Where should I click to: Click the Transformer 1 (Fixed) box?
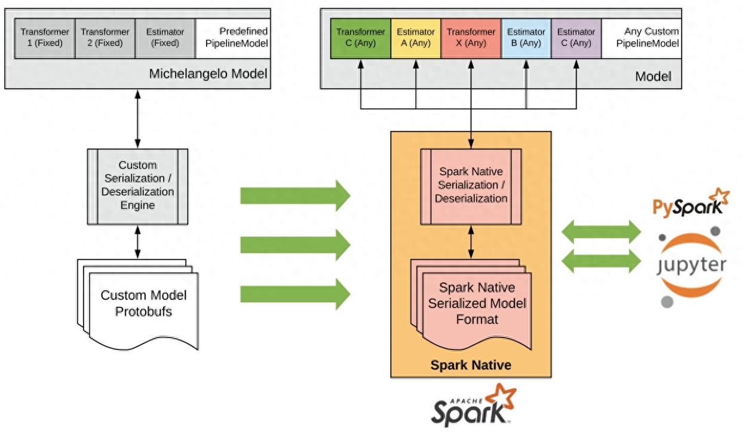[45, 38]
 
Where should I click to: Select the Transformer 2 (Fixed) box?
[105, 38]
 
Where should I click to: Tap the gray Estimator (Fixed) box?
[165, 38]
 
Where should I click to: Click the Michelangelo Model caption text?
[207, 75]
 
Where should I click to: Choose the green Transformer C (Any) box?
[360, 38]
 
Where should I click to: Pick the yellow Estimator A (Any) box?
[416, 38]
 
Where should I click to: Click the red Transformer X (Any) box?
[471, 38]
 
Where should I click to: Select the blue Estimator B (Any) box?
[526, 38]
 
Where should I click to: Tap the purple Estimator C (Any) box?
[576, 38]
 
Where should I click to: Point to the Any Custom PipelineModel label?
[642, 38]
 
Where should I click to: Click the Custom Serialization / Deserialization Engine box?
[137, 186]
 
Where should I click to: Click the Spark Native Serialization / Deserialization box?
[471, 186]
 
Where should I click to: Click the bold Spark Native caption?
[471, 364]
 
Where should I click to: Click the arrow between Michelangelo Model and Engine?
[137, 119]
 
